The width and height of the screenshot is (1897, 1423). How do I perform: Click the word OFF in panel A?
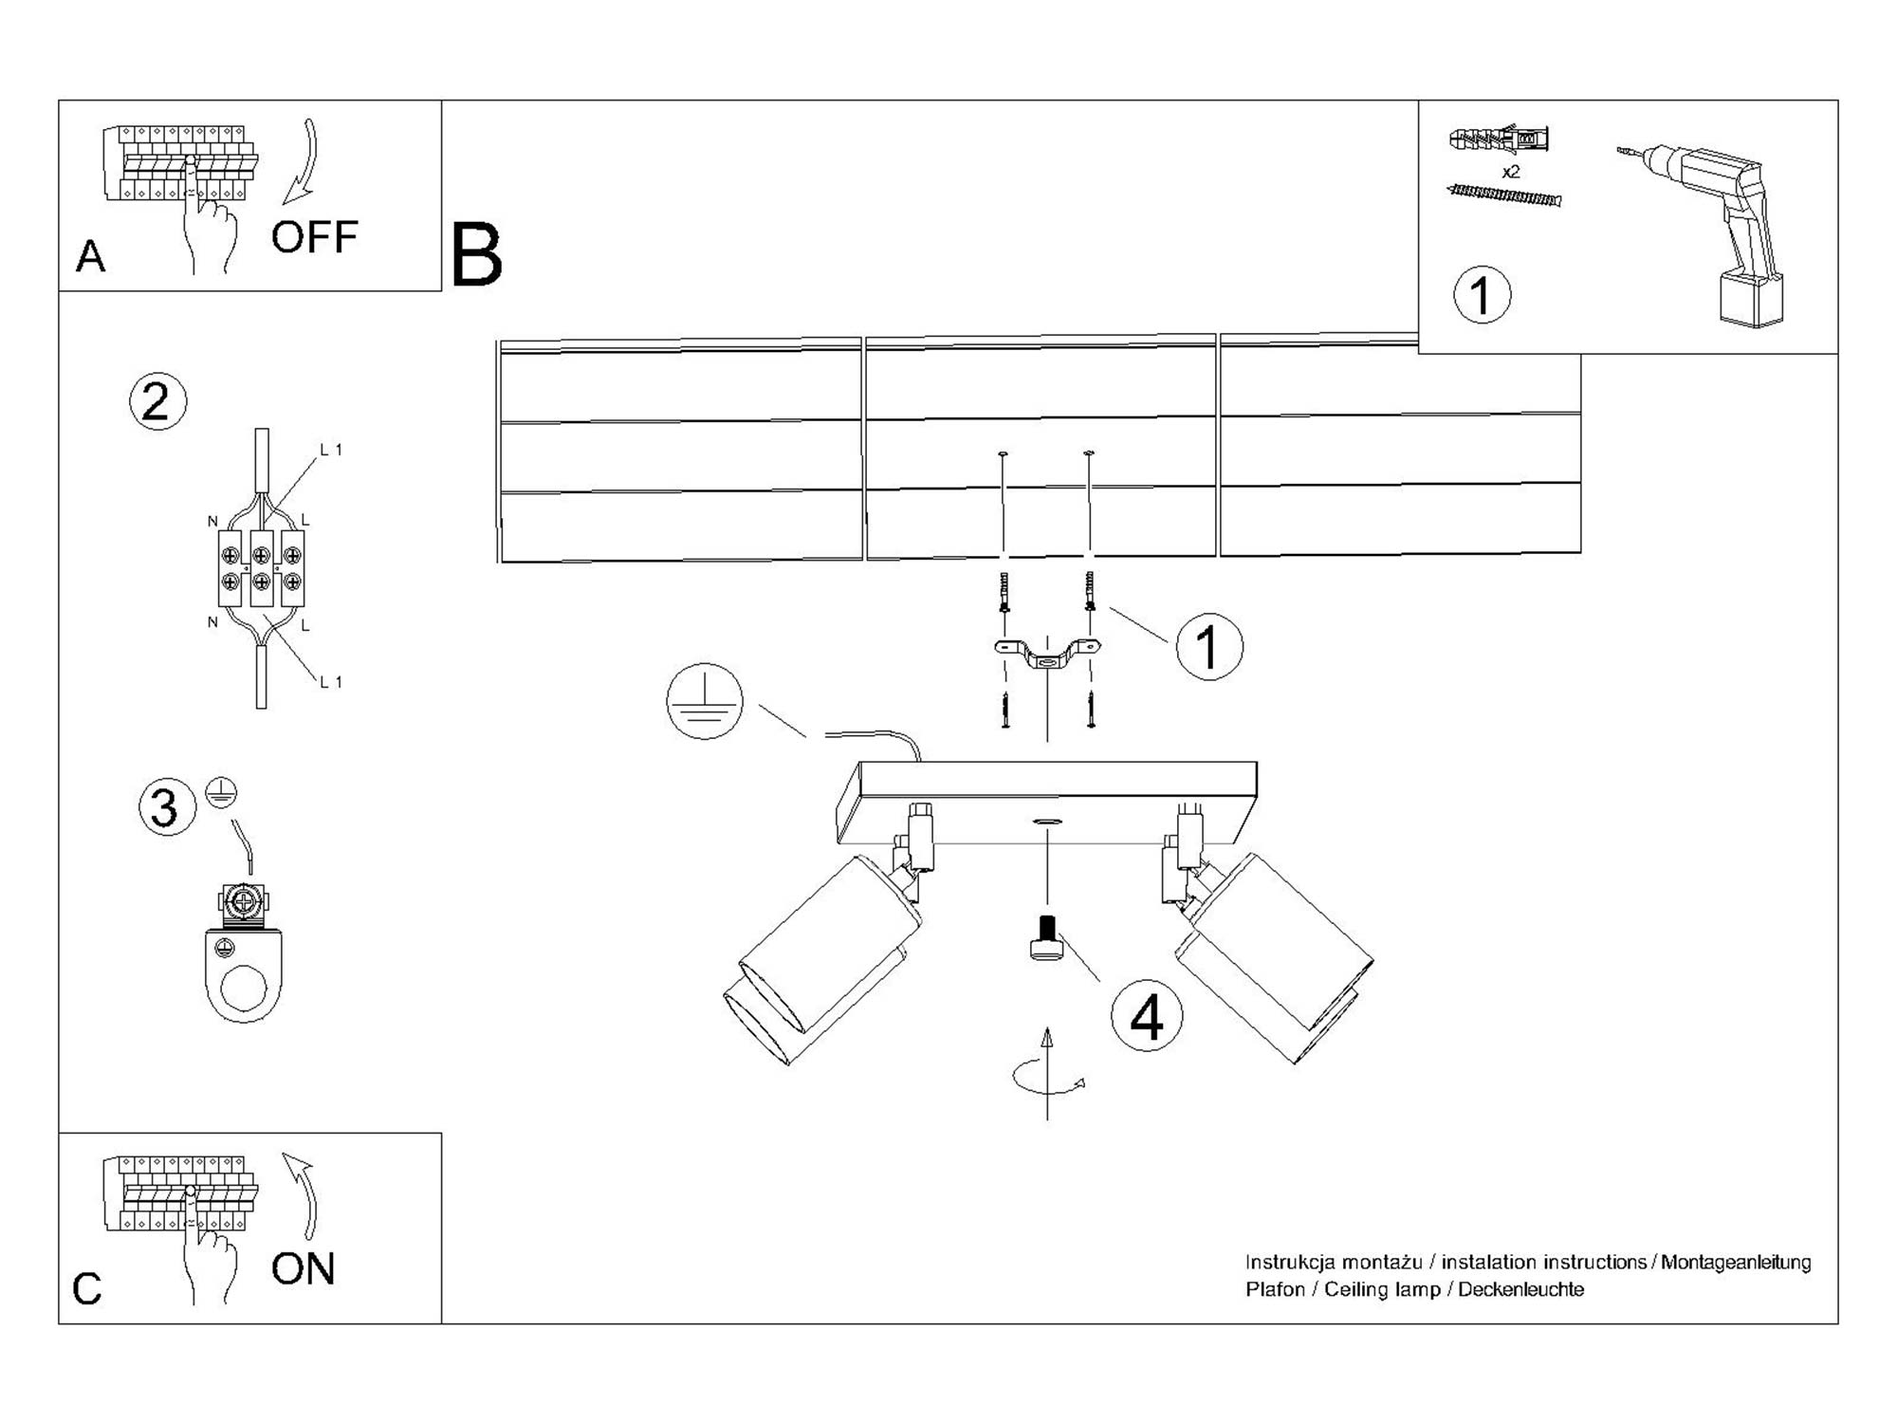pyautogui.click(x=314, y=237)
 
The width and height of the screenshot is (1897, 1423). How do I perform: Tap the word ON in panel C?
pyautogui.click(x=303, y=1268)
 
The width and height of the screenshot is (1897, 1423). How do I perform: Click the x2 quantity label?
pyautogui.click(x=1511, y=172)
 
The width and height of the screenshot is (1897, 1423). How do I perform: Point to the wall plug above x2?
pyautogui.click(x=1499, y=140)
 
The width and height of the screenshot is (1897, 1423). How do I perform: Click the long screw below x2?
pyautogui.click(x=1504, y=195)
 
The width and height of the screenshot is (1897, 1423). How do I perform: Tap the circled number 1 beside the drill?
pyautogui.click(x=1482, y=295)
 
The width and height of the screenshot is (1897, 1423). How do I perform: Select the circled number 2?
pyautogui.click(x=157, y=401)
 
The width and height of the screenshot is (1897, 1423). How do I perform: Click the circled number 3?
pyautogui.click(x=167, y=807)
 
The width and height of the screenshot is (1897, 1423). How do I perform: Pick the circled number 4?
pyautogui.click(x=1147, y=1016)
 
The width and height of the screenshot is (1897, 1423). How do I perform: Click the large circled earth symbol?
pyautogui.click(x=705, y=702)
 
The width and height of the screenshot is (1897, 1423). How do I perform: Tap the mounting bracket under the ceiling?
pyautogui.click(x=1047, y=655)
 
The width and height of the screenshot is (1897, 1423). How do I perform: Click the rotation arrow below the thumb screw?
pyautogui.click(x=1047, y=1077)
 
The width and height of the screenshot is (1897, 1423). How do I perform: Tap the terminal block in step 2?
pyautogui.click(x=262, y=568)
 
